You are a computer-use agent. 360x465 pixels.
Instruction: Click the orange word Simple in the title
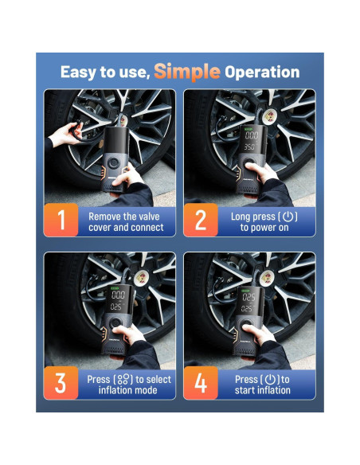coord(187,72)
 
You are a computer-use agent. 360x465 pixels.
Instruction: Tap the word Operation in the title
coord(262,72)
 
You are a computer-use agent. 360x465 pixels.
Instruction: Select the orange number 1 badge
coord(61,220)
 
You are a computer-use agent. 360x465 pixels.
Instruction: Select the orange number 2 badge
coord(201,220)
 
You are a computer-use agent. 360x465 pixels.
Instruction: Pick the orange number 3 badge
coord(61,383)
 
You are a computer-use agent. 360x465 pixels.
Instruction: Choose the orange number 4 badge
coord(201,383)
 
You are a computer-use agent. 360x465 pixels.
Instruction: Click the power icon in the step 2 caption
coord(288,217)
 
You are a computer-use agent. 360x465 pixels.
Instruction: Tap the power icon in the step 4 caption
coord(270,380)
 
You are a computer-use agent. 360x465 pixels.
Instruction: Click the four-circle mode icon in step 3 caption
coord(123,380)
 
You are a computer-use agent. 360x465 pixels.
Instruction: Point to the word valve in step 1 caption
coord(149,217)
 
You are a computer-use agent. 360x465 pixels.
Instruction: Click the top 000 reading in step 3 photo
coord(118,295)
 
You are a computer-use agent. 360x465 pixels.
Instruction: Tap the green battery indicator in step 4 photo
coord(245,291)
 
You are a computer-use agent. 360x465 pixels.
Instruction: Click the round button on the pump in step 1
coord(114,163)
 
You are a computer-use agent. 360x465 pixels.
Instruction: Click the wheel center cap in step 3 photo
coord(141,276)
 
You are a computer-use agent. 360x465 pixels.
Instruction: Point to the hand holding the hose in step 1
coord(65,136)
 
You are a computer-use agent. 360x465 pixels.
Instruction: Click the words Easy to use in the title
coord(106,72)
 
